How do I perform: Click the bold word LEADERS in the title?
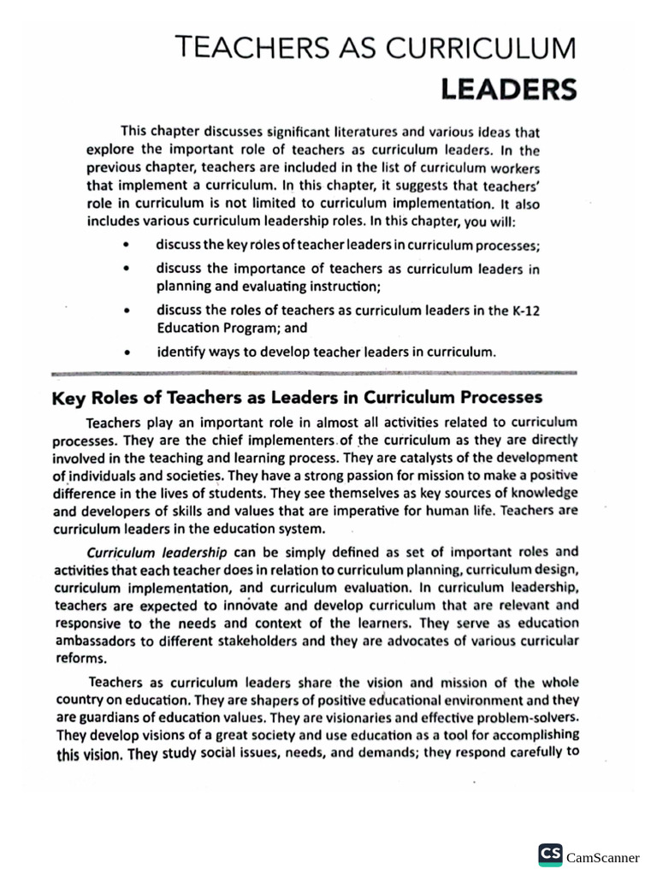point(508,89)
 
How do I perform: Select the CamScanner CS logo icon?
point(550,855)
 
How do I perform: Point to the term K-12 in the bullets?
point(525,311)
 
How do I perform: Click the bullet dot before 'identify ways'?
point(127,352)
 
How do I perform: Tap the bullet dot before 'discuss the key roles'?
point(127,245)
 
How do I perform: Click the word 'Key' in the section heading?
point(68,398)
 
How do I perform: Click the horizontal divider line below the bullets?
point(315,374)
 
